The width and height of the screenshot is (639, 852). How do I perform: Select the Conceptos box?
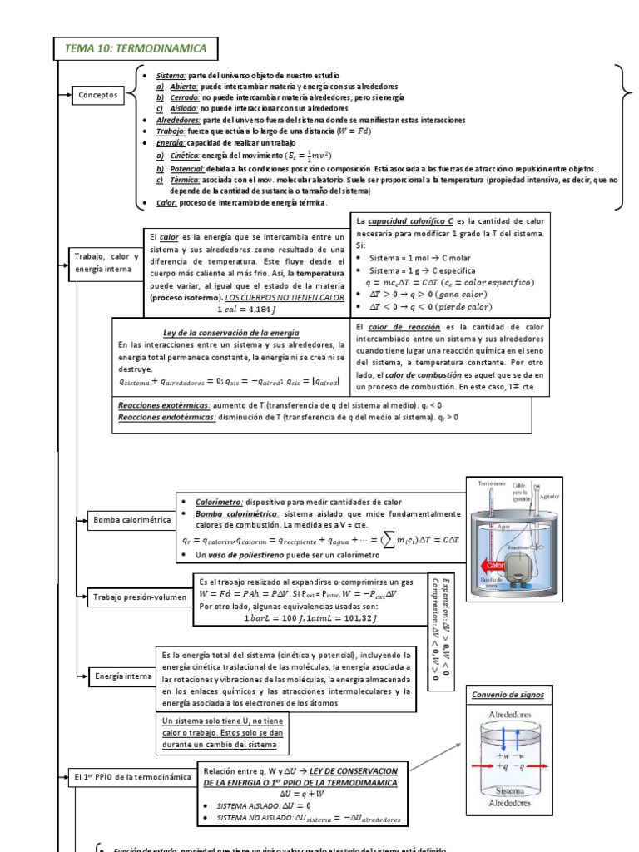pyautogui.click(x=98, y=96)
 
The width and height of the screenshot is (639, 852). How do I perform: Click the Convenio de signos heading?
pyautogui.click(x=507, y=694)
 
